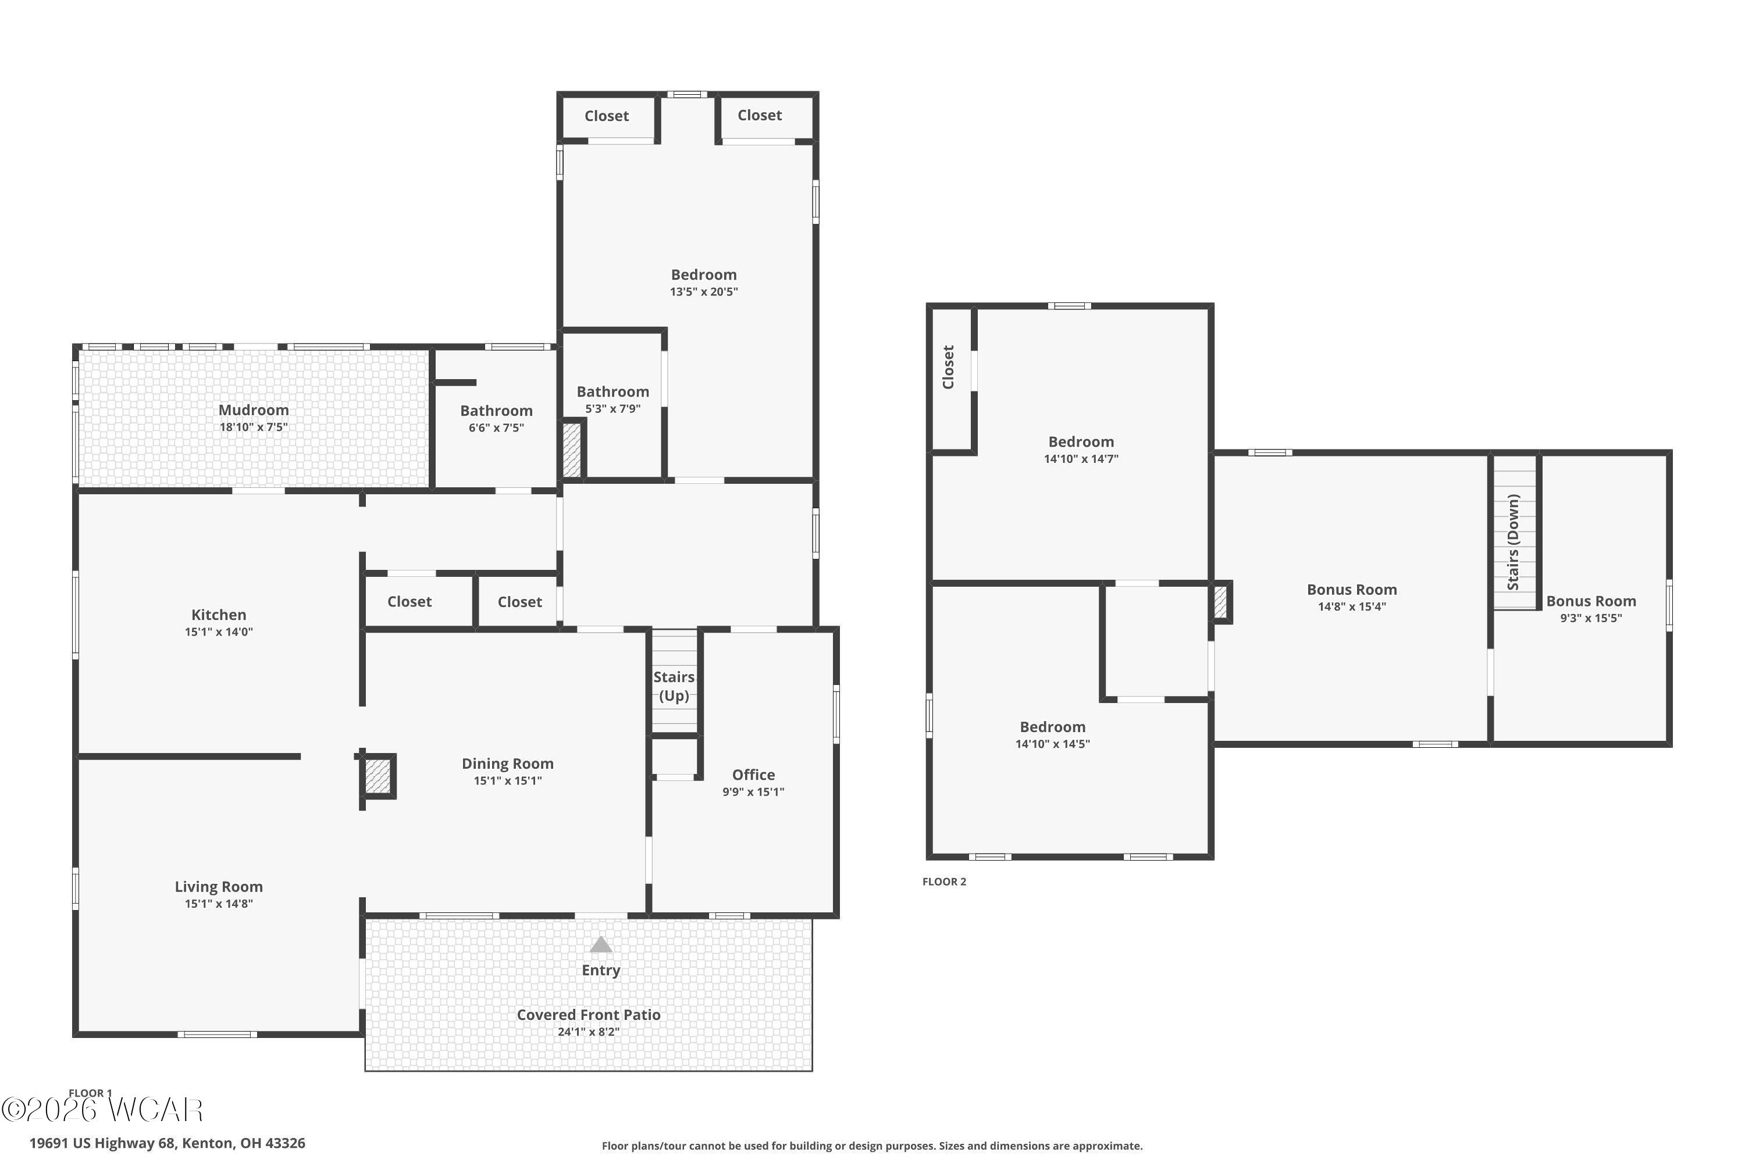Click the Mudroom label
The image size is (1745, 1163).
[x=254, y=410]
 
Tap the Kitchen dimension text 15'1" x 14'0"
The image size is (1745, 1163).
[x=219, y=632]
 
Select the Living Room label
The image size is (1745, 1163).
[x=219, y=887]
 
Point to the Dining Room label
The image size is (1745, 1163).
[x=507, y=764]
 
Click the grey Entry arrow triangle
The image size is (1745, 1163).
[x=601, y=944]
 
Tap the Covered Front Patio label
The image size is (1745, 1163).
[x=588, y=1015]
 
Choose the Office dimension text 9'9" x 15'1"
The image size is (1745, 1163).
[x=753, y=791]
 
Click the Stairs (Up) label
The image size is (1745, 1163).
[x=674, y=686]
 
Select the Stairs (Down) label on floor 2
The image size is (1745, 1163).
[x=1513, y=542]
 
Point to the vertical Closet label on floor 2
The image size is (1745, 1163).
[x=948, y=367]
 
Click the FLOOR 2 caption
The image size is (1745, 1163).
[x=945, y=882]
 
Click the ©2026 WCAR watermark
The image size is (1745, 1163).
[x=102, y=1110]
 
